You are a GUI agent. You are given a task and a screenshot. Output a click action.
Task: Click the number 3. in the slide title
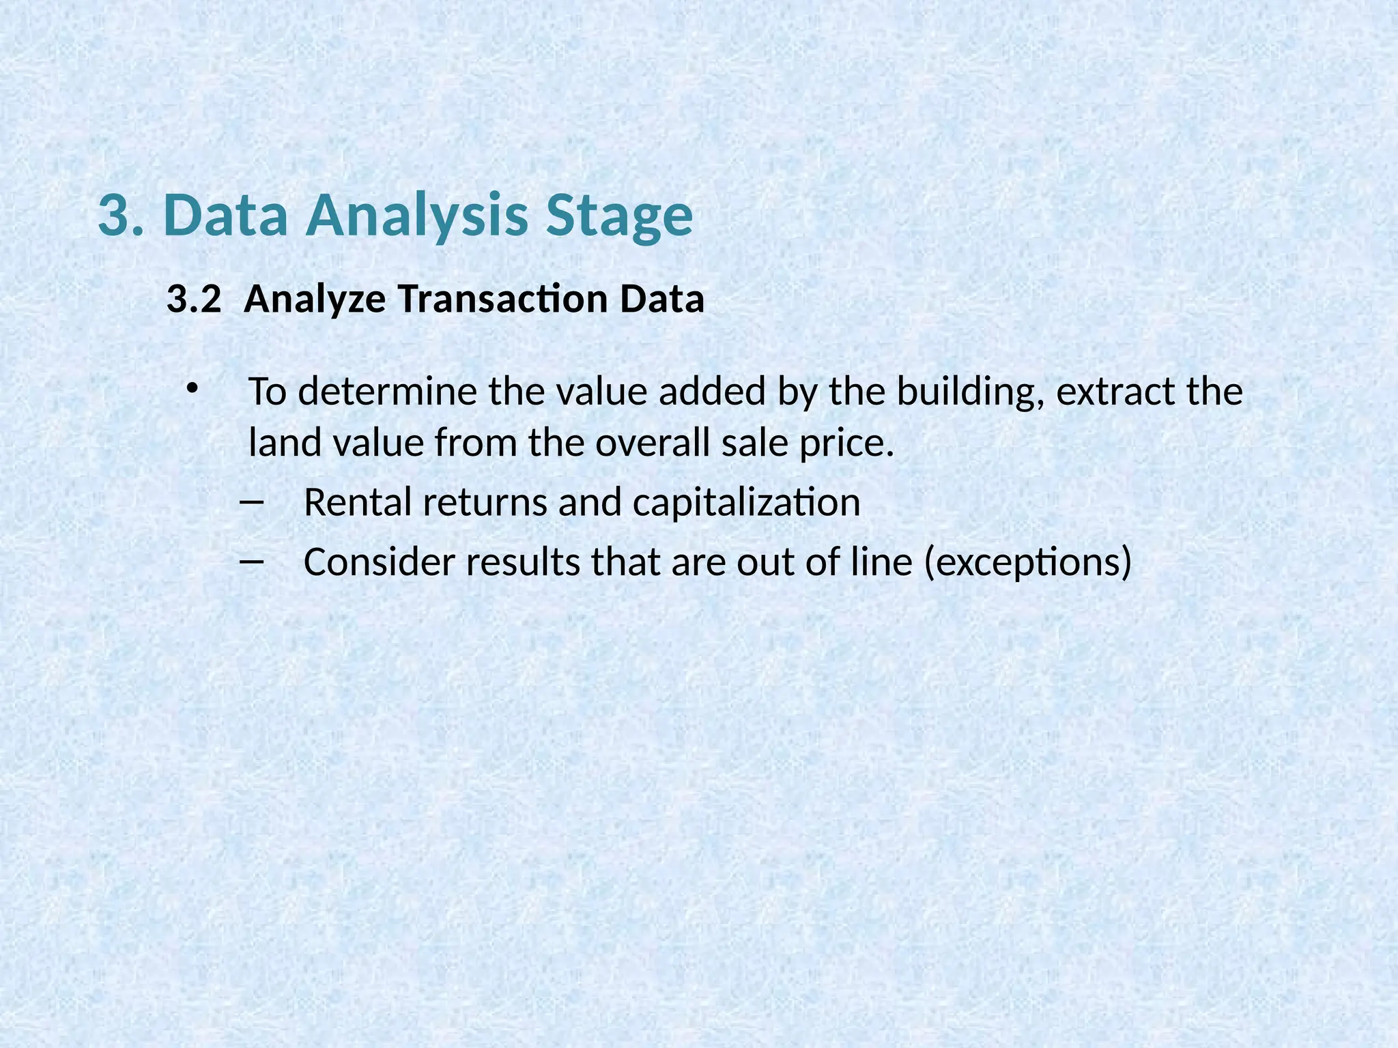121,215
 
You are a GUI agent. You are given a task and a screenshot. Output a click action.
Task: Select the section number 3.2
194,300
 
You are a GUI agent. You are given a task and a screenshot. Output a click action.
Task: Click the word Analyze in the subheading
314,300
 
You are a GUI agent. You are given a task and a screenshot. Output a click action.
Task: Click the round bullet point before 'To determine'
192,389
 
